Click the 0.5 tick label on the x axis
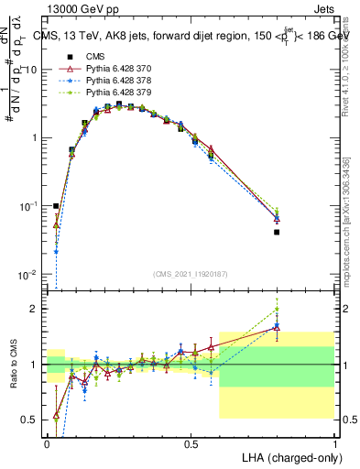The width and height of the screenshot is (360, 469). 191,443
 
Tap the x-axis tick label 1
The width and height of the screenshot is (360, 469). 334,443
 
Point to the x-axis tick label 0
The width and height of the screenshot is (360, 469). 48,443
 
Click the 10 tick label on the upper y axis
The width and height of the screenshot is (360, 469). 32,70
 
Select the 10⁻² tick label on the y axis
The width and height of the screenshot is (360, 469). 30,275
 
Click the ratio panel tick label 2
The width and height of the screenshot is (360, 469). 38,309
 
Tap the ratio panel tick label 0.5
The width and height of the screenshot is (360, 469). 34,420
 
